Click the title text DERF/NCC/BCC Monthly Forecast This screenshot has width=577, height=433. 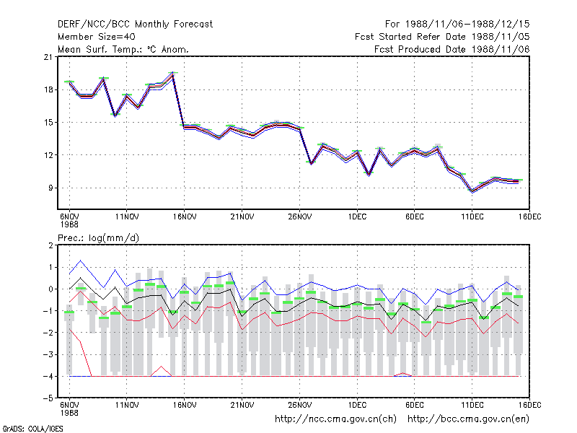pyautogui.click(x=135, y=25)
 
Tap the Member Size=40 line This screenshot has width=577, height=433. pyautogui.click(x=97, y=37)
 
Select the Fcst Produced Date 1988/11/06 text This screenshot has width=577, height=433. pyautogui.click(x=452, y=49)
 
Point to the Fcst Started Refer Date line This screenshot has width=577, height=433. pyautogui.click(x=442, y=37)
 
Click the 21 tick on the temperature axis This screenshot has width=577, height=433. pyautogui.click(x=48, y=57)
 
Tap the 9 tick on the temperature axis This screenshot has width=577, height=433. pyautogui.click(x=50, y=188)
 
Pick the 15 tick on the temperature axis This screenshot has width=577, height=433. pyautogui.click(x=48, y=122)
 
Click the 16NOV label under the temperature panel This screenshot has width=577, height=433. pyautogui.click(x=185, y=217)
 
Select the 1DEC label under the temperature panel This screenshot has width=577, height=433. pyautogui.click(x=357, y=217)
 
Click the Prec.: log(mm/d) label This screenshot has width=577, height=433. pyautogui.click(x=98, y=238)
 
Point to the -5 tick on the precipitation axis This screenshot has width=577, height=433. pyautogui.click(x=48, y=398)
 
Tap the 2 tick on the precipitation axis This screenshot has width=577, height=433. pyautogui.click(x=50, y=245)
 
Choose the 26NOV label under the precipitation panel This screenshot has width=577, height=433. pyautogui.click(x=299, y=406)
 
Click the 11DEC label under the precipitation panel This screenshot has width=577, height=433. pyautogui.click(x=472, y=406)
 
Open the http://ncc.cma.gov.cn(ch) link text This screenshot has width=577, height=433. pyautogui.click(x=335, y=419)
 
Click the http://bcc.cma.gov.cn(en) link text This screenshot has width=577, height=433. pyautogui.click(x=468, y=419)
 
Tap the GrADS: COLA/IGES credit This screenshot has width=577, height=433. pyautogui.click(x=32, y=429)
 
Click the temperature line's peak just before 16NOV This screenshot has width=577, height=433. pyautogui.click(x=172, y=74)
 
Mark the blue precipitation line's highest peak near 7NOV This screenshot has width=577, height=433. pyautogui.click(x=81, y=261)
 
